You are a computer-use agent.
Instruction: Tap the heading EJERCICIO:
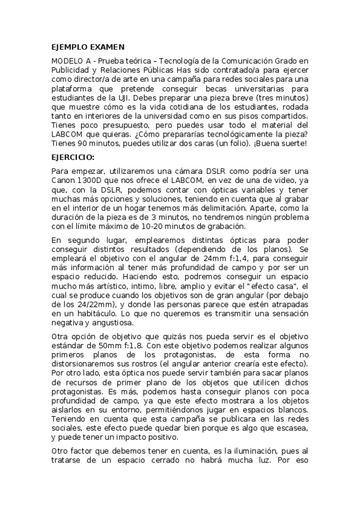[x=73, y=156]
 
